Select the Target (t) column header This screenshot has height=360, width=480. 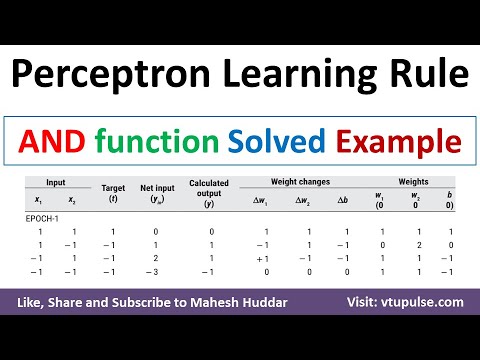(x=106, y=191)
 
